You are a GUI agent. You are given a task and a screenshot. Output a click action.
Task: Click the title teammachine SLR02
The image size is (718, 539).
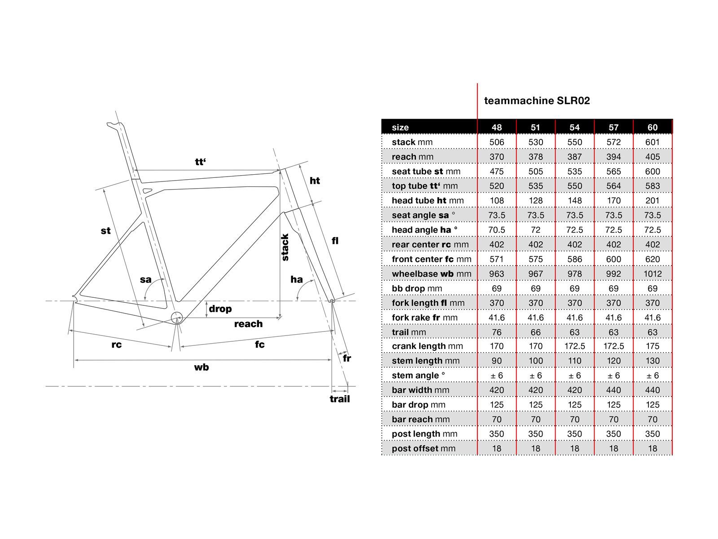click(537, 101)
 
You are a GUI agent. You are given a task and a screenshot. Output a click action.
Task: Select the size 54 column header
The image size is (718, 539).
click(574, 127)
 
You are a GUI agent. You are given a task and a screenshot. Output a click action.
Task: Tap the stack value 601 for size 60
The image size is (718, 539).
click(652, 142)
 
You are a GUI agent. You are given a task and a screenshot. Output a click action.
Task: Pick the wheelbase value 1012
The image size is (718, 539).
click(652, 274)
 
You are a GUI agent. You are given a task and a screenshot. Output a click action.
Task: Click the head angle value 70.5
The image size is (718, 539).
click(496, 230)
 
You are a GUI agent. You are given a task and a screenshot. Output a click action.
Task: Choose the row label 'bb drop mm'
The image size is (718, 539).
click(416, 288)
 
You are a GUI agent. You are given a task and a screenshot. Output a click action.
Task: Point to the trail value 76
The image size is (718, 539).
click(496, 332)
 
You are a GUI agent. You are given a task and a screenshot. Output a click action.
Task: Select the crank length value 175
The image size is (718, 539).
click(652, 346)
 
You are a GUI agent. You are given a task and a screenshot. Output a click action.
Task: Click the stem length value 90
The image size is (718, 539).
click(496, 361)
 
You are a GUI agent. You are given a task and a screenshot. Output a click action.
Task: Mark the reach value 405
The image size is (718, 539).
click(652, 157)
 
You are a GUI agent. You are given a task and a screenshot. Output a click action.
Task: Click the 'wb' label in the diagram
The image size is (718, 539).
click(201, 367)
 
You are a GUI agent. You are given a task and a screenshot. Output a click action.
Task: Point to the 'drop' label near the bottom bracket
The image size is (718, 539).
click(220, 309)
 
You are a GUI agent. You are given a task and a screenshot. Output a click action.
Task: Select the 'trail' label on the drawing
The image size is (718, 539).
click(340, 399)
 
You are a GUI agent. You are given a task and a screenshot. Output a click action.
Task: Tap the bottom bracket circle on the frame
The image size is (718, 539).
click(177, 318)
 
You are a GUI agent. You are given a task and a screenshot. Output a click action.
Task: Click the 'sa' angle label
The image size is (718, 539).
click(145, 279)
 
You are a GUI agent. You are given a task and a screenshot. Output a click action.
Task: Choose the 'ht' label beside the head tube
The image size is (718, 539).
click(315, 181)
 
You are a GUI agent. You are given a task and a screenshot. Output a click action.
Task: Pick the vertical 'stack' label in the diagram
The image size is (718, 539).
click(285, 247)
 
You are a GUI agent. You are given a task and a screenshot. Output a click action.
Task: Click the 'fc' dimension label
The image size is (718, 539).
click(260, 345)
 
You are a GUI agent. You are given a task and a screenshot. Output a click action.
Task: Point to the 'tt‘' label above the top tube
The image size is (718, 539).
click(201, 162)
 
